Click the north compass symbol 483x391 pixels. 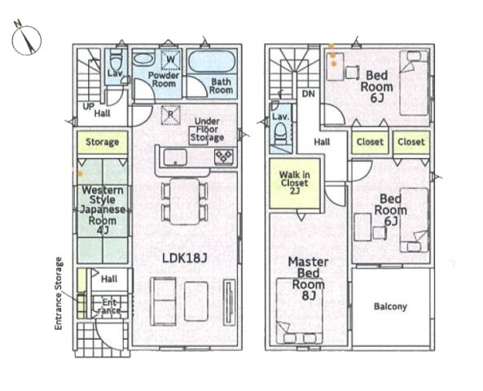pos(26,39)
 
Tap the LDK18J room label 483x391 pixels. pos(185,258)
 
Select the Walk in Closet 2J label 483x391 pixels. pos(295,183)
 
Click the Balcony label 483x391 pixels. pos(390,306)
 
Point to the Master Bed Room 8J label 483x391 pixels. pos(308,279)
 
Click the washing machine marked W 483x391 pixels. pos(171,59)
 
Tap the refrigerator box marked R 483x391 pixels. pos(171,115)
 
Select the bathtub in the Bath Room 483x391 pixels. pos(212,61)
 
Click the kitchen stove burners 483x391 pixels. pos(224,156)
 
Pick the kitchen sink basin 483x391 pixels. pos(175,157)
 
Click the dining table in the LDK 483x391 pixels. pos(185,201)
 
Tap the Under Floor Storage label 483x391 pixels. pos(207,130)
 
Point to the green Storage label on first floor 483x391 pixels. pos(103,142)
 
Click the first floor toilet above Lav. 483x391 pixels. pos(116,61)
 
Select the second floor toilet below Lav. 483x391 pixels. pos(280,134)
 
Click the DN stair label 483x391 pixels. pos(308,94)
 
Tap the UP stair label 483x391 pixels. pos(89,107)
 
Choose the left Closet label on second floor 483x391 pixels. pos(370,142)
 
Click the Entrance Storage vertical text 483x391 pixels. pos(58,293)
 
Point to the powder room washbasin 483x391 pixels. pos(143,59)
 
